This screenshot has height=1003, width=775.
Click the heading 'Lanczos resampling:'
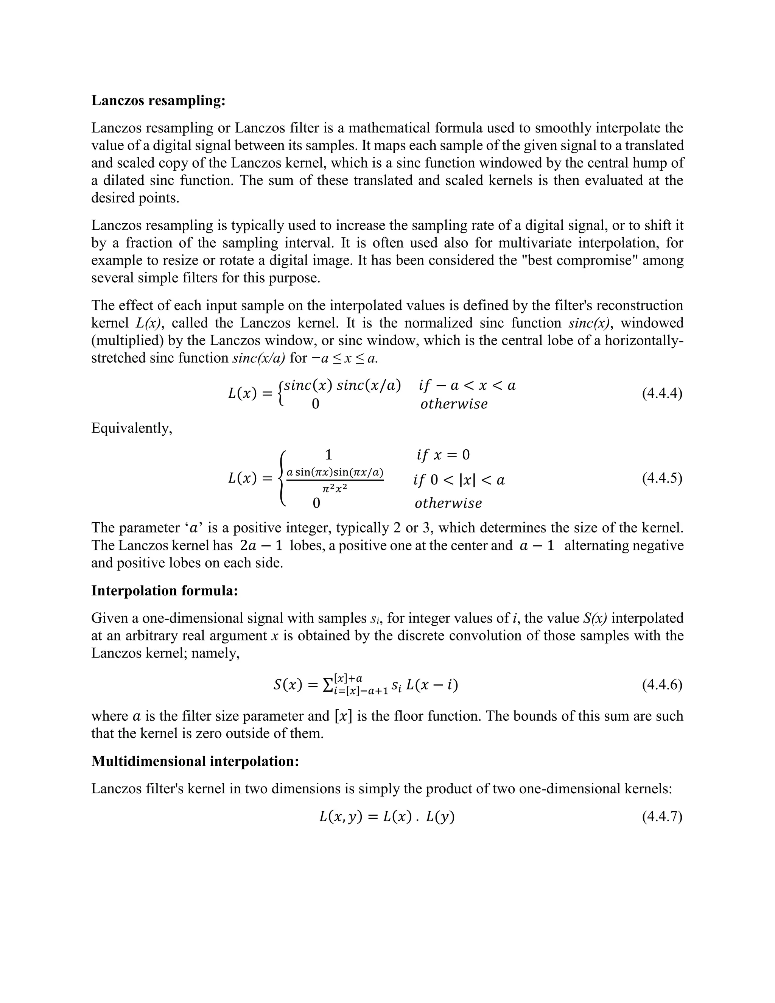pyautogui.click(x=159, y=101)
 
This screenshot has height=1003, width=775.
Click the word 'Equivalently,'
pyautogui.click(x=132, y=428)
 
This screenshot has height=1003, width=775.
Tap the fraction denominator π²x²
pyautogui.click(x=334, y=488)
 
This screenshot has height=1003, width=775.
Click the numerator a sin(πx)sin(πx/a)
pyautogui.click(x=335, y=472)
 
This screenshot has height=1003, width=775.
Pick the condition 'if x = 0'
pyautogui.click(x=443, y=455)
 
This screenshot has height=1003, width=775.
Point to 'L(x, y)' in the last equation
pyautogui.click(x=341, y=817)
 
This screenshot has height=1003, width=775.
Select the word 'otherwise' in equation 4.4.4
pyautogui.click(x=454, y=404)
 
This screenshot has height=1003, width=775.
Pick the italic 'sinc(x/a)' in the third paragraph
pyautogui.click(x=259, y=358)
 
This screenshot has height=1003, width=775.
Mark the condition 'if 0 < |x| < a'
pyautogui.click(x=459, y=480)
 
